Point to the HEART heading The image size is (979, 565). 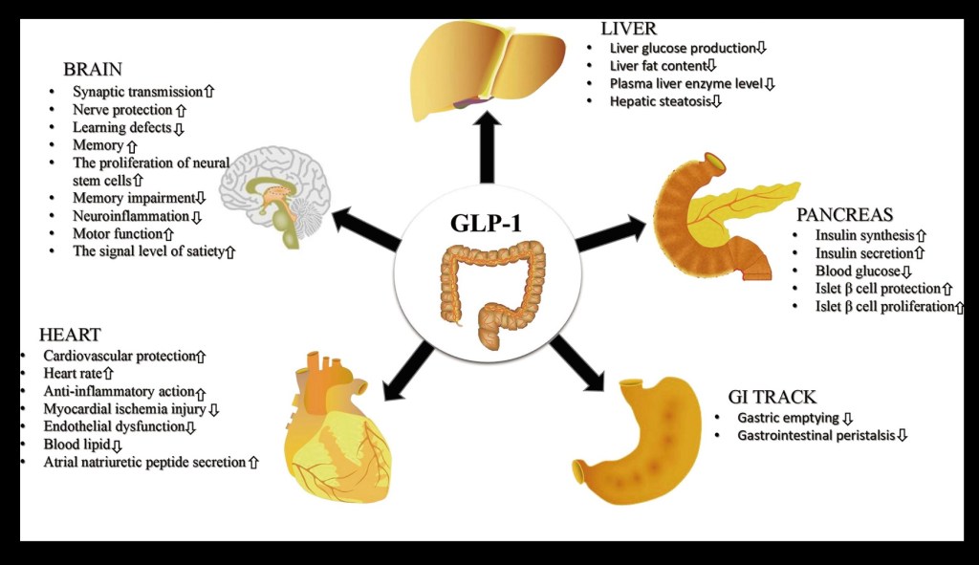(x=69, y=335)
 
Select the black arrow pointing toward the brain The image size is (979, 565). (x=364, y=229)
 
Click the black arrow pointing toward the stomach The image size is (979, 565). (x=578, y=363)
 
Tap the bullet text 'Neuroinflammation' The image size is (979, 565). (x=131, y=216)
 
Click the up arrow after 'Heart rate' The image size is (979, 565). (x=108, y=373)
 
